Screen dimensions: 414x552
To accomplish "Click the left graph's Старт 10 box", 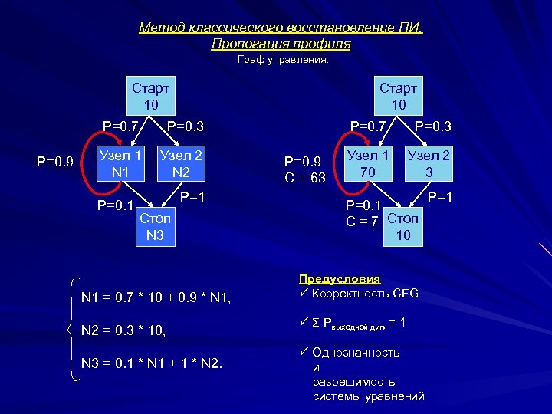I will [x=150, y=94].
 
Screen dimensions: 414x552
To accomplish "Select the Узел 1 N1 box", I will [x=120, y=163].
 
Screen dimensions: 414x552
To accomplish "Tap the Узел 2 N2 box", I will [x=181, y=163].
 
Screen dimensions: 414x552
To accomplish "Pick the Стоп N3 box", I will [x=156, y=226].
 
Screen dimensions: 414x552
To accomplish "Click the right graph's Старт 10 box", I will [x=398, y=94].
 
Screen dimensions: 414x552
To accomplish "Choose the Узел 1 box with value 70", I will [x=368, y=163].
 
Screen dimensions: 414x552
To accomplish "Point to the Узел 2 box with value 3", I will [x=429, y=163].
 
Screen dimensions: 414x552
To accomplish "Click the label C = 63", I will [x=304, y=179].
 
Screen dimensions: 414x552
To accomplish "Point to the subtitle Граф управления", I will [x=283, y=59].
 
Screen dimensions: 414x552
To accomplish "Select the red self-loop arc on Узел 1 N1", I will [x=86, y=163].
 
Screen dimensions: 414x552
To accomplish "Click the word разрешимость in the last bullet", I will [x=353, y=381].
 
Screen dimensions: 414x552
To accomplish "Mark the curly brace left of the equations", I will [x=74, y=328].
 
